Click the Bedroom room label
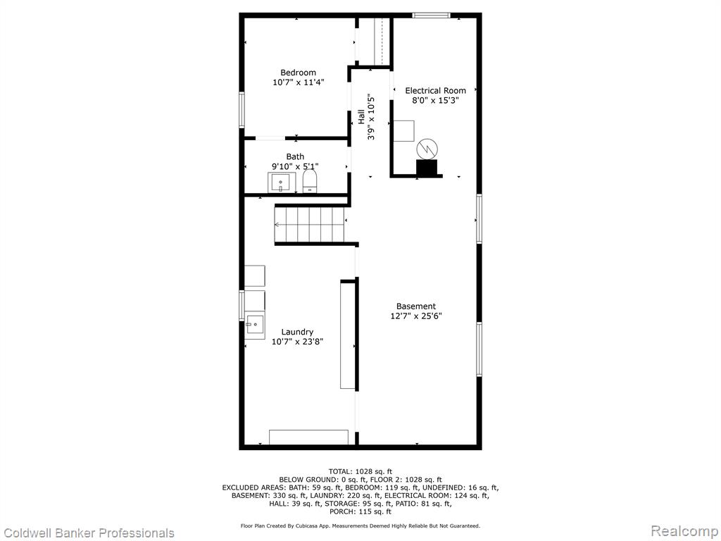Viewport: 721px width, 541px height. click(x=298, y=73)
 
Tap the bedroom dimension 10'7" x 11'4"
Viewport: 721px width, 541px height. click(x=298, y=82)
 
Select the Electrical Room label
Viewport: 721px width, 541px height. click(x=435, y=91)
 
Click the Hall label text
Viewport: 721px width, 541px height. click(x=361, y=117)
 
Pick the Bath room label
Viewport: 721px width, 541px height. click(x=295, y=157)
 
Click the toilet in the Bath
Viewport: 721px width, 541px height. click(x=311, y=181)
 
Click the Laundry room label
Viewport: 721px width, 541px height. click(x=297, y=332)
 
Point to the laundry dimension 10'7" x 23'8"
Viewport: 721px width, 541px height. click(x=297, y=342)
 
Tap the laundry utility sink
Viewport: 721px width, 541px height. click(x=254, y=325)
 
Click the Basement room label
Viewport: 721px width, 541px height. click(x=415, y=306)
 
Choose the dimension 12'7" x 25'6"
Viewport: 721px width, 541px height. click(x=415, y=316)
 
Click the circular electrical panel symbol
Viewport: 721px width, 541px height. click(x=427, y=149)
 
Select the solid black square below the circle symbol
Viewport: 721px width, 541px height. click(x=427, y=168)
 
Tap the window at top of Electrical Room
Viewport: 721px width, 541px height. click(x=431, y=15)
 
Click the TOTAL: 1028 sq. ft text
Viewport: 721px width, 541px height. click(x=360, y=471)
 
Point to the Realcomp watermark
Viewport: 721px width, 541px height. click(x=685, y=531)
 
